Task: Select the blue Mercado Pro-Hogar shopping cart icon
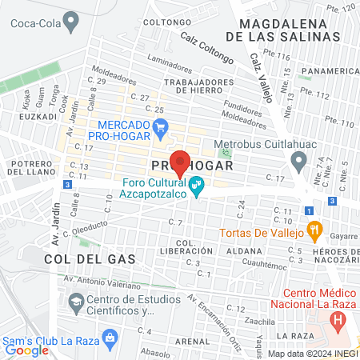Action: coord(160,126)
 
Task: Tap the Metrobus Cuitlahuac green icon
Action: coord(226,152)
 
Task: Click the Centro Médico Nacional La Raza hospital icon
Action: coord(338,322)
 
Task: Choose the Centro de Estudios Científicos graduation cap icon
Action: coord(77,302)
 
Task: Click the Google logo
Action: coord(27,350)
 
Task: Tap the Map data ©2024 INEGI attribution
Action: coord(312,353)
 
